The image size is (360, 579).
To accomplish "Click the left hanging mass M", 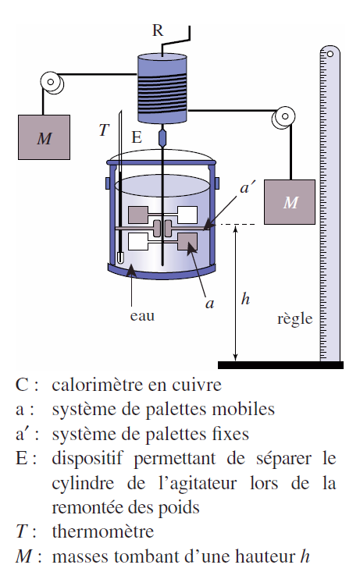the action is pyautogui.click(x=44, y=137).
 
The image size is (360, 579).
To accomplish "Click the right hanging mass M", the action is pyautogui.click(x=290, y=202).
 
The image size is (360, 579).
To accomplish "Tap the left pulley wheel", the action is pyautogui.click(x=52, y=83).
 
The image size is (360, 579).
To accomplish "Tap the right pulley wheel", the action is pyautogui.click(x=283, y=117).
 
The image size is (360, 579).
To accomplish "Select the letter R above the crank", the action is pyautogui.click(x=158, y=30).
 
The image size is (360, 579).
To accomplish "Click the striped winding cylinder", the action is pyautogui.click(x=162, y=89).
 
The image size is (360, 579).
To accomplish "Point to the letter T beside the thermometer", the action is pyautogui.click(x=104, y=130).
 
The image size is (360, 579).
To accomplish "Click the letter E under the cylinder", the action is pyautogui.click(x=137, y=137).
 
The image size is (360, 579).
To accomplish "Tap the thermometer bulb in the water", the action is pyautogui.click(x=120, y=258).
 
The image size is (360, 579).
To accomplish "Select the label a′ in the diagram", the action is pyautogui.click(x=248, y=187).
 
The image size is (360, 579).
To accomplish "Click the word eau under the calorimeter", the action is pyautogui.click(x=142, y=317).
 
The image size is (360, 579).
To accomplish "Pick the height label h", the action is pyautogui.click(x=245, y=299).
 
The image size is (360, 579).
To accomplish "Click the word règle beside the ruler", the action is pyautogui.click(x=294, y=318).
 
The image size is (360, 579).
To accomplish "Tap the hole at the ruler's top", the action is pyautogui.click(x=330, y=54).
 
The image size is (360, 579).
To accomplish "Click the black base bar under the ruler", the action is pyautogui.click(x=280, y=365).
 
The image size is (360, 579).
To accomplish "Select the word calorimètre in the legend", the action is pyautogui.click(x=97, y=385).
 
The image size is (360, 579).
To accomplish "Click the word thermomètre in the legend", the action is pyautogui.click(x=103, y=531).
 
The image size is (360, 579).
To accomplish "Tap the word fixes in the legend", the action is pyautogui.click(x=230, y=434).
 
